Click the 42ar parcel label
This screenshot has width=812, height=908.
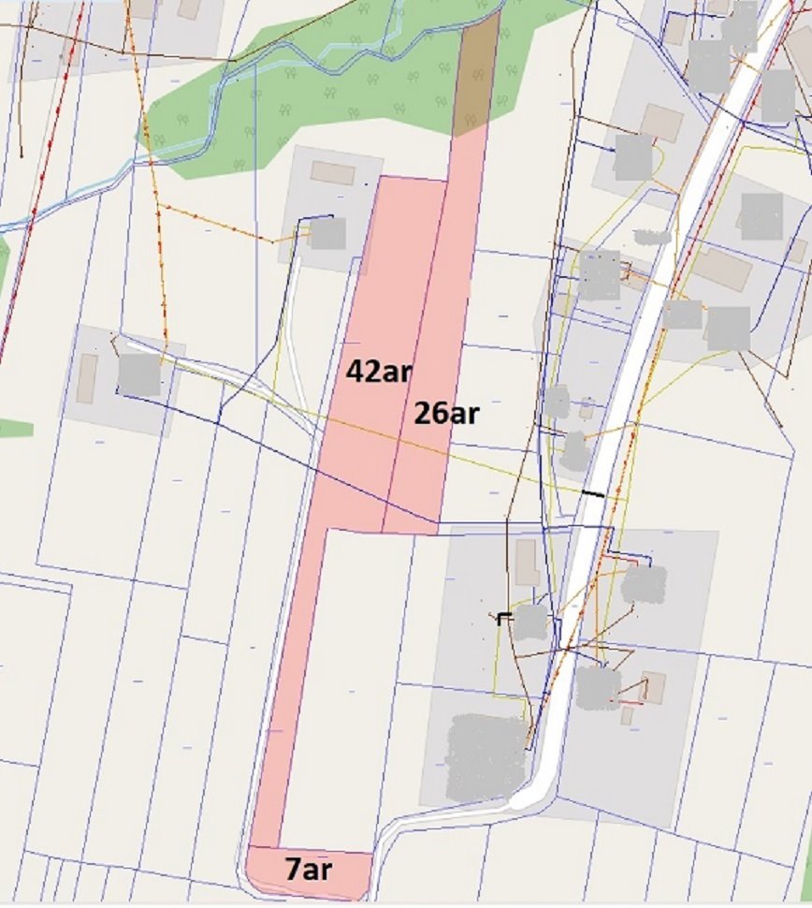click(x=378, y=372)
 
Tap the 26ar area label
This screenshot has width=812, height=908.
click(x=445, y=413)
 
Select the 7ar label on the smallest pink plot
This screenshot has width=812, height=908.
click(x=308, y=870)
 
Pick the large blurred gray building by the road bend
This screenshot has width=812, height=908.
click(x=486, y=756)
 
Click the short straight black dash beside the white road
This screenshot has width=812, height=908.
click(x=593, y=492)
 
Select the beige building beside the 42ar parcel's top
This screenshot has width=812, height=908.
click(x=332, y=173)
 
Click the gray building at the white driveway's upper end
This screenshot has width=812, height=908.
click(x=327, y=233)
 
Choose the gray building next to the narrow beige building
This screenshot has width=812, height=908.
click(x=138, y=374)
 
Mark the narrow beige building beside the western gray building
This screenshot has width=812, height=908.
click(x=87, y=378)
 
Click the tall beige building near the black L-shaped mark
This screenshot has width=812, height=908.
click(x=527, y=562)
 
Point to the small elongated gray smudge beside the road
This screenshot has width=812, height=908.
click(x=652, y=237)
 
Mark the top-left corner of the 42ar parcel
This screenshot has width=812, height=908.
click(x=380, y=176)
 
